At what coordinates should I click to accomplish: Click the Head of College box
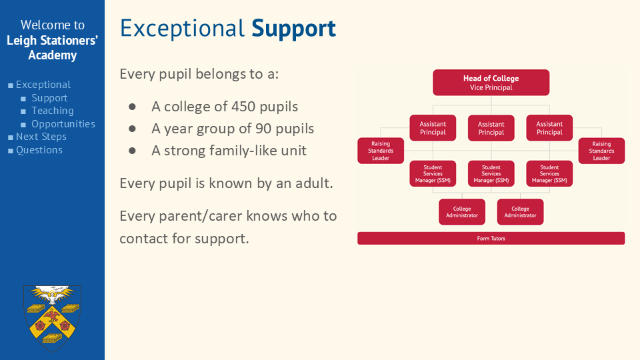(491, 83)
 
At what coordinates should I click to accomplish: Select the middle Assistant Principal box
(491, 128)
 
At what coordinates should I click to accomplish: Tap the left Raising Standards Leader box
(381, 151)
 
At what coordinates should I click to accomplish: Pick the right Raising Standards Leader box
(601, 151)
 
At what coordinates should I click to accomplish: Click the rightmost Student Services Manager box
(549, 173)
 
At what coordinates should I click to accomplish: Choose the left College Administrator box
(462, 212)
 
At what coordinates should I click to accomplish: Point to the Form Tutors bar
(491, 239)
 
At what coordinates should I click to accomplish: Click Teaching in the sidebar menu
(53, 111)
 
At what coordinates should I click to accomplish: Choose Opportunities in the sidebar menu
(63, 124)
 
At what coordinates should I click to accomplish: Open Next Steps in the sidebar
(41, 137)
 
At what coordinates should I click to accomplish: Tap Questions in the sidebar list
(39, 150)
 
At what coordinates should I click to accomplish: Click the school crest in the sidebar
(52, 318)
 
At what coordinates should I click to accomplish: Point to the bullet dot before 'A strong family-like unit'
(132, 151)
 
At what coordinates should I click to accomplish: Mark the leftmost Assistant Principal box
(433, 128)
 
